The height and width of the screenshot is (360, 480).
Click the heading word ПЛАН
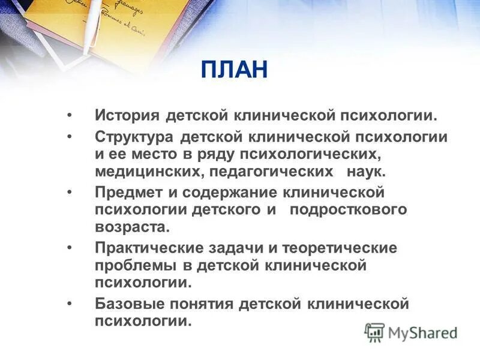click(x=235, y=70)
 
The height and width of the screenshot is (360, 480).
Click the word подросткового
click(x=348, y=210)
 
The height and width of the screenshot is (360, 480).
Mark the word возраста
click(x=131, y=227)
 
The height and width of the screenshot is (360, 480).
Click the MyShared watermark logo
click(x=410, y=332)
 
